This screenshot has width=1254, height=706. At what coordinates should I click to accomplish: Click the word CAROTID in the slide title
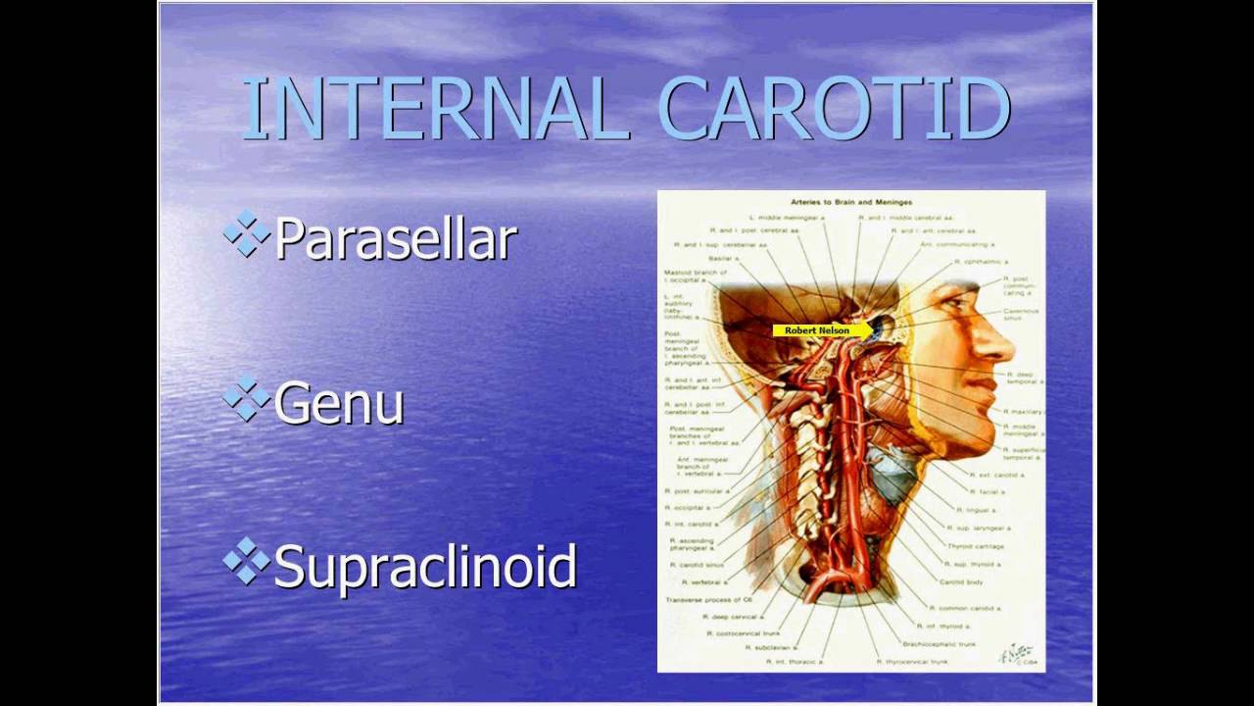click(834, 108)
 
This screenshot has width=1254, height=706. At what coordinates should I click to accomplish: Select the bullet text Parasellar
click(395, 239)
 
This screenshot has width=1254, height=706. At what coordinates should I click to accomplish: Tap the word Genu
click(339, 403)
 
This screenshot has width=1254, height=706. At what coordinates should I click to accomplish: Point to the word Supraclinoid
click(425, 567)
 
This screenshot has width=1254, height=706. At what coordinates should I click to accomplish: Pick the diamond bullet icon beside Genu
click(246, 397)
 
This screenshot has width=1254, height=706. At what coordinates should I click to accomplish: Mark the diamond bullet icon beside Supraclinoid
click(246, 561)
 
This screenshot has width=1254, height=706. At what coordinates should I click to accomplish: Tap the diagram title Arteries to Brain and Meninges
click(850, 202)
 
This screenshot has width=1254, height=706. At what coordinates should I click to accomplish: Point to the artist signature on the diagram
click(1015, 654)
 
